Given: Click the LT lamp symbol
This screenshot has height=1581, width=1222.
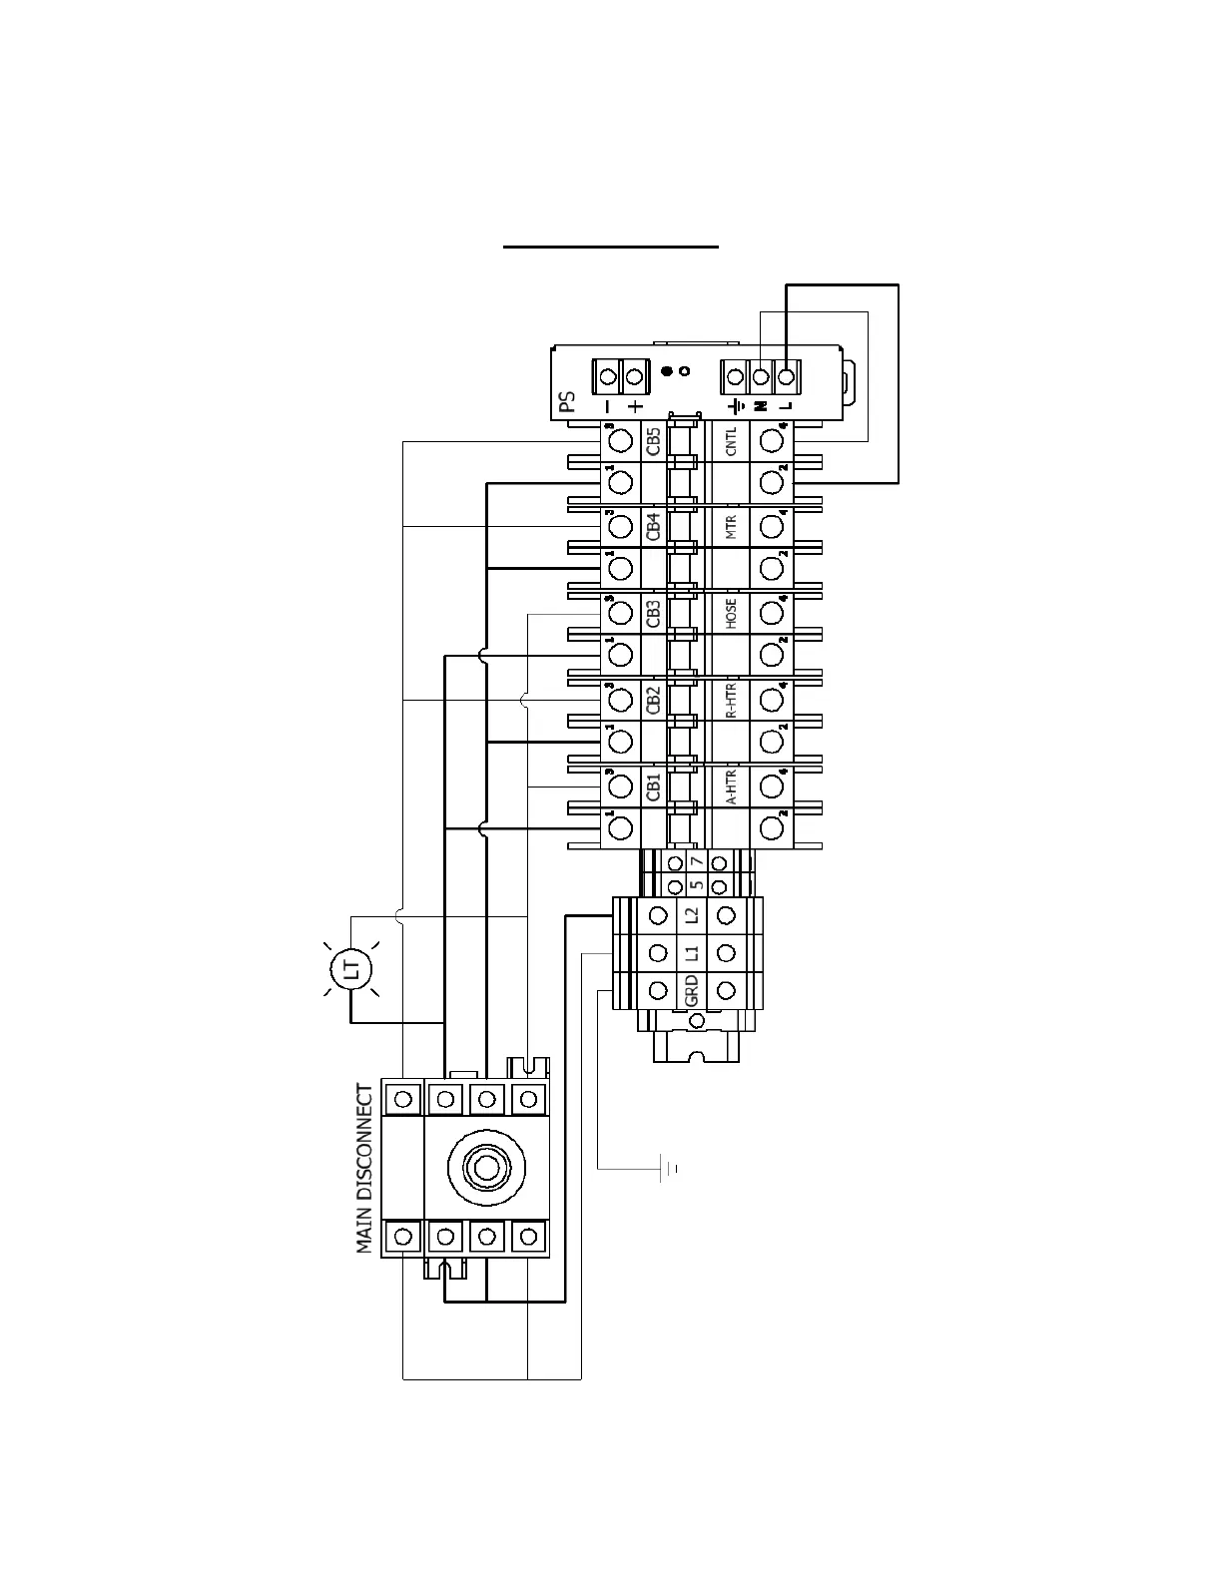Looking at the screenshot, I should (x=350, y=967).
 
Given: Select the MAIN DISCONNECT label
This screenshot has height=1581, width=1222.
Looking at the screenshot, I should (x=365, y=1169).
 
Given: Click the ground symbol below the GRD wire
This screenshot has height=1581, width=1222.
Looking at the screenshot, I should (x=668, y=1167).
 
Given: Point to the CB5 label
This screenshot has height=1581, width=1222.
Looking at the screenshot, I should (x=653, y=440).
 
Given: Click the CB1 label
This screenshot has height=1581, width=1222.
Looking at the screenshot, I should (x=653, y=787).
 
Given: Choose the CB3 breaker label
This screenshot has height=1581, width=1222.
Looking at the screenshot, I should (x=653, y=613).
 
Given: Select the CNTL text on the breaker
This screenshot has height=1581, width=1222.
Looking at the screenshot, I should (x=731, y=441).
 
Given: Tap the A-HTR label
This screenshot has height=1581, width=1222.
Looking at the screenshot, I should (x=731, y=787).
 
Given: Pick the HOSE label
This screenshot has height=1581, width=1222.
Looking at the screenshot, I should (x=731, y=613).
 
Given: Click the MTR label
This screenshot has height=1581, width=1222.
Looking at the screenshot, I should (x=731, y=527).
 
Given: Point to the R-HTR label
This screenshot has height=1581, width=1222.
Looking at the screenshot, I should (x=731, y=700).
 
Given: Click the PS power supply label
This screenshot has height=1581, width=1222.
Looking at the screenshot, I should (x=567, y=401).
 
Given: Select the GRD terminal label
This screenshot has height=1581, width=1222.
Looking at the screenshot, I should (x=691, y=990).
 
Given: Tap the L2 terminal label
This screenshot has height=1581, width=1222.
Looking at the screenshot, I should (x=691, y=914).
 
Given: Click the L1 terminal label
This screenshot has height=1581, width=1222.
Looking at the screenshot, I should (x=691, y=952).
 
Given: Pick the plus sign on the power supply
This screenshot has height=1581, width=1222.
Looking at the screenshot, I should (x=635, y=406).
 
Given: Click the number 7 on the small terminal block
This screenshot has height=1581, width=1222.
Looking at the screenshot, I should (x=697, y=861).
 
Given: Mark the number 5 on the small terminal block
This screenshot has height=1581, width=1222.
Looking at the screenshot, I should (x=697, y=884).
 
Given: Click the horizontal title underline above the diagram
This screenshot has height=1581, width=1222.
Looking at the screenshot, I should (x=610, y=245).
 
